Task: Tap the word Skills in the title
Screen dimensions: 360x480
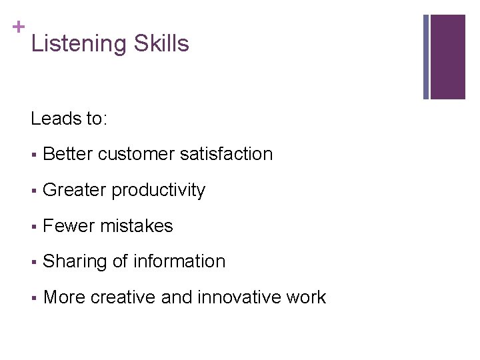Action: [161, 44]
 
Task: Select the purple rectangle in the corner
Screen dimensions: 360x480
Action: [447, 57]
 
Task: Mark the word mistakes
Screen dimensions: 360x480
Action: [137, 226]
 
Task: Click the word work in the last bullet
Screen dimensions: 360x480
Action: [308, 297]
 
